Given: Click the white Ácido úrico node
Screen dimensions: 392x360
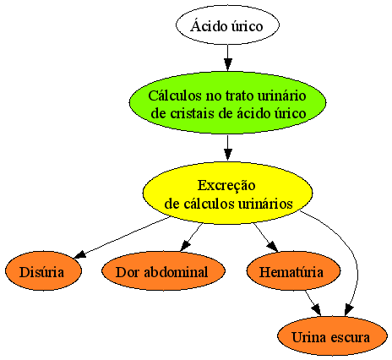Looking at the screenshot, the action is point(227,25).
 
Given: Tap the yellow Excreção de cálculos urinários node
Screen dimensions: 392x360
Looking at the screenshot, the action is point(227,193).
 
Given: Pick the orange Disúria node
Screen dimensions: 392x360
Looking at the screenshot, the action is point(43,270).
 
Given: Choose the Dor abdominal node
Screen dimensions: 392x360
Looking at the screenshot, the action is point(163,270).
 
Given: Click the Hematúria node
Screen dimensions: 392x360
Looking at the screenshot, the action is point(293,270).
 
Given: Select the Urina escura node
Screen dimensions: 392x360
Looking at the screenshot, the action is point(332,335).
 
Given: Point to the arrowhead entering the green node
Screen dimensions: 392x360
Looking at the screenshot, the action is point(227,65).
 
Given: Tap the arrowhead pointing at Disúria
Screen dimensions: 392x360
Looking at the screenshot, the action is point(79,254).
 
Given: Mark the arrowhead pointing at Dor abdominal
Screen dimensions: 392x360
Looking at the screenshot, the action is point(185,246).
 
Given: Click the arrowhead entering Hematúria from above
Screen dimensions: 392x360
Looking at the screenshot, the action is point(273,246).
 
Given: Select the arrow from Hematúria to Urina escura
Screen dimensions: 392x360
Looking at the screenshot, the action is point(313,303).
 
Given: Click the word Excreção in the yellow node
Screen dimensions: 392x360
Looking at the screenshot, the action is point(226,186).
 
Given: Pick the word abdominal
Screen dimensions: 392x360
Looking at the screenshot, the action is point(176,272).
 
